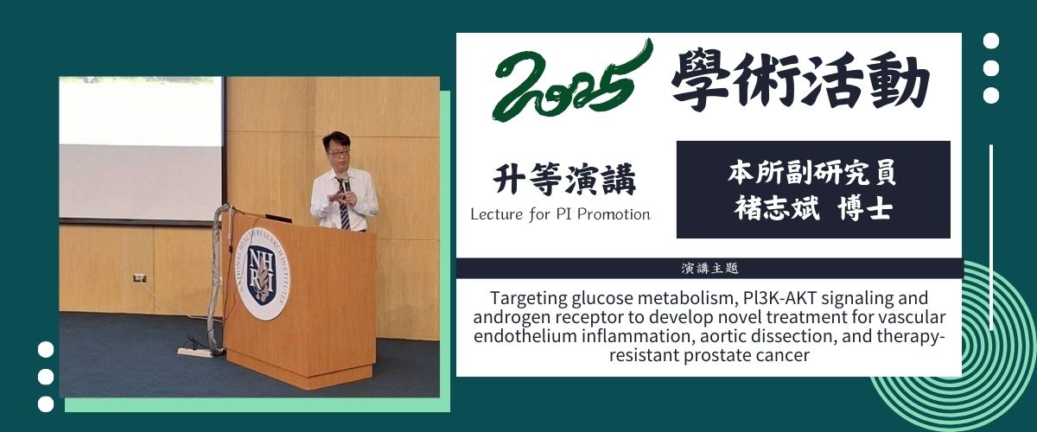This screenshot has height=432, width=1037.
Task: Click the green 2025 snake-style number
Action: point(572,81)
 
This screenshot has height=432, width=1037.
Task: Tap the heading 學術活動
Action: point(801,82)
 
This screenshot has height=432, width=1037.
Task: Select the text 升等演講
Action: point(563,179)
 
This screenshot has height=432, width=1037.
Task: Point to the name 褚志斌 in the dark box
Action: point(777,208)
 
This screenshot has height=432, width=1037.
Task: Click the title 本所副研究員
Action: point(811,172)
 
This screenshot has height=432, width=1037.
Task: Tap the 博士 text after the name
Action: point(865,208)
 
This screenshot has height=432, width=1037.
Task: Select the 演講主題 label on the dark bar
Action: point(709,269)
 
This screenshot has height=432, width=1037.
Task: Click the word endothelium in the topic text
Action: point(525,336)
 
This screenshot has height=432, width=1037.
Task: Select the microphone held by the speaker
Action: point(347,184)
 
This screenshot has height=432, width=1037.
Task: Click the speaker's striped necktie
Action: point(344,205)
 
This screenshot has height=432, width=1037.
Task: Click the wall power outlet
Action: point(140,278)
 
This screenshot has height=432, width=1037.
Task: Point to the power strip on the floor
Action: point(194,352)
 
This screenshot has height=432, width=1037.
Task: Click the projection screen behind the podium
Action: point(141,149)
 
